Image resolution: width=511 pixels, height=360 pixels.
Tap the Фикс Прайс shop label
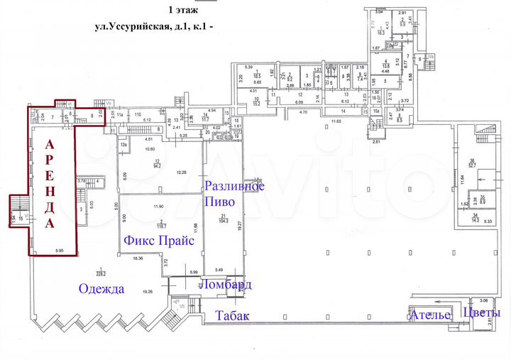pos(159,241)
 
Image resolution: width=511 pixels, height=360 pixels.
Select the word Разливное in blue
pos(234,187)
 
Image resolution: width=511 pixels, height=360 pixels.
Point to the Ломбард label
pos(225,285)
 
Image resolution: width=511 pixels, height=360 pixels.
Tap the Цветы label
pos(481,313)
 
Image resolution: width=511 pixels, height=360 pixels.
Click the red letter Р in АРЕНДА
pos(49,160)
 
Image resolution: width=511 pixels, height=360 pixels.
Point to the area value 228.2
pos(101,273)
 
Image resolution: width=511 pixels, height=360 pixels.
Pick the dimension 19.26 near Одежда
pos(147,292)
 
